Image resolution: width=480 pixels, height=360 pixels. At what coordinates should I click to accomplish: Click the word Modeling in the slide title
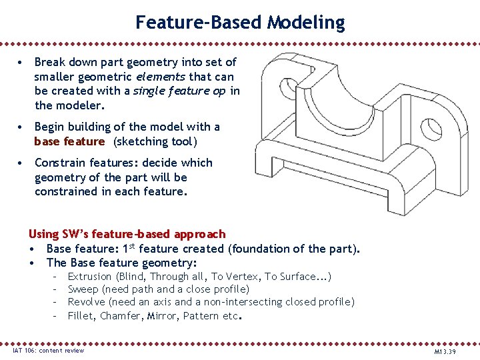tap(306, 23)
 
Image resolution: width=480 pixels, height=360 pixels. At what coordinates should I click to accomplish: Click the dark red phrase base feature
tap(69, 141)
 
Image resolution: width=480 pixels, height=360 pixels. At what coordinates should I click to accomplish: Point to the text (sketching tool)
tap(155, 141)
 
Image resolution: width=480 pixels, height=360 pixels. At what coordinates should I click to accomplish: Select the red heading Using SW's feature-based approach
tap(127, 234)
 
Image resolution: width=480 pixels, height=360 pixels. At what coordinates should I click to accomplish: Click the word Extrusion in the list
tap(90, 276)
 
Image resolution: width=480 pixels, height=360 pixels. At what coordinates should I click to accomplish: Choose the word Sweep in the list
tap(83, 289)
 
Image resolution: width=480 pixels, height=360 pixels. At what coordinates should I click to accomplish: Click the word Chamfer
tap(120, 315)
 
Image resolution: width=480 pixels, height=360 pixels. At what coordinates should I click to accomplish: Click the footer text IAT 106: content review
tap(49, 351)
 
